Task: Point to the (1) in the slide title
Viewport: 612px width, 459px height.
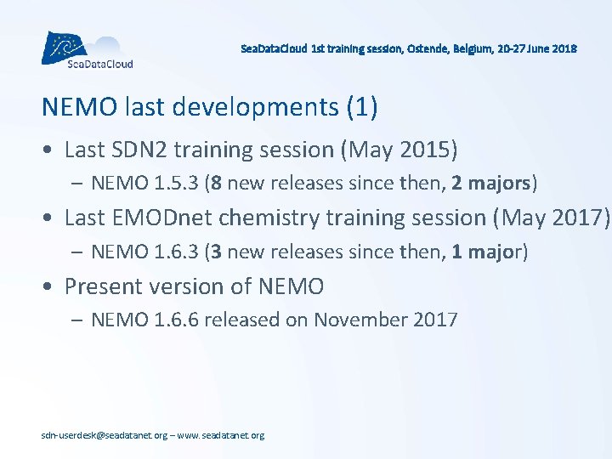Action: point(361,108)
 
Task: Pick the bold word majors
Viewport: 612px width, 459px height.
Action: point(499,184)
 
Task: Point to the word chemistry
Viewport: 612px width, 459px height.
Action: point(270,218)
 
